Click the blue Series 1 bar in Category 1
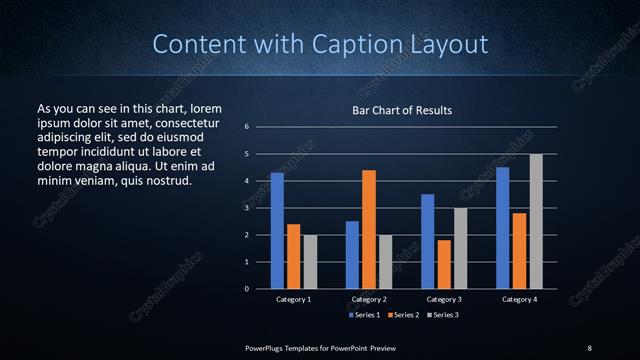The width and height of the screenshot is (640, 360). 277,231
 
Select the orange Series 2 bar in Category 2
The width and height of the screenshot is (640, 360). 369,229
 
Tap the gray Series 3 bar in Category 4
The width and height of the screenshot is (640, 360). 536,221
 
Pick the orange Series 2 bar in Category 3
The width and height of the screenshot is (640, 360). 443,264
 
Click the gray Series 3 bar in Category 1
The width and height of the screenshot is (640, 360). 310,262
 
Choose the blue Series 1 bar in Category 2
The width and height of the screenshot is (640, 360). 352,255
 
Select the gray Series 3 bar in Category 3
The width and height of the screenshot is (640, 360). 460,248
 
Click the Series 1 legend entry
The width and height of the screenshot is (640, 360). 364,314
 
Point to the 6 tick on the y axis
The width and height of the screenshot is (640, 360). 246,127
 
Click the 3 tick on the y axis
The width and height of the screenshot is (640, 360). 246,208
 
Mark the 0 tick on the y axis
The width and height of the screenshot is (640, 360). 246,289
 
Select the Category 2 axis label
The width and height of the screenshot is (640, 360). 369,299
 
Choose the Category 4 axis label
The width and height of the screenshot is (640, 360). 519,299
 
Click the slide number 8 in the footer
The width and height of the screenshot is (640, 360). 589,347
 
